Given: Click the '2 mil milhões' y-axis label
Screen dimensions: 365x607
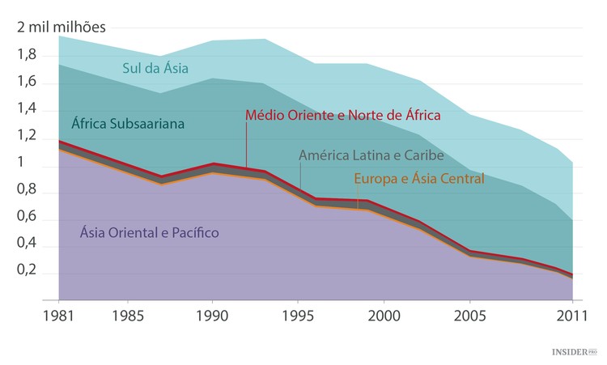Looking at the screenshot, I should coord(62,26).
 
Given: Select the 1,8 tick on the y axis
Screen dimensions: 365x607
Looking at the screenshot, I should coord(26,54).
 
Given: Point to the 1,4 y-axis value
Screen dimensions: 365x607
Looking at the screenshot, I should coord(26,109).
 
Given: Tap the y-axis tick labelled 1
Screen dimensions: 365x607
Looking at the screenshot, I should coord(22,163).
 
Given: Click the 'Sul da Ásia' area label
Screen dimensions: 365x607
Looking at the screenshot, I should coord(155,68).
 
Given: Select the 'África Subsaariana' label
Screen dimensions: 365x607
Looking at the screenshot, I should coord(127,124).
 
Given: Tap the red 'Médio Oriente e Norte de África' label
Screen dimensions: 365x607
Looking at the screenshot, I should coord(342,115).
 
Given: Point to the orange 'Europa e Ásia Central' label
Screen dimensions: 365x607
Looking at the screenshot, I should coord(419,178).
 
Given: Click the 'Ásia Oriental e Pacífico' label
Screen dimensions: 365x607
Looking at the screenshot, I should coord(149,233).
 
